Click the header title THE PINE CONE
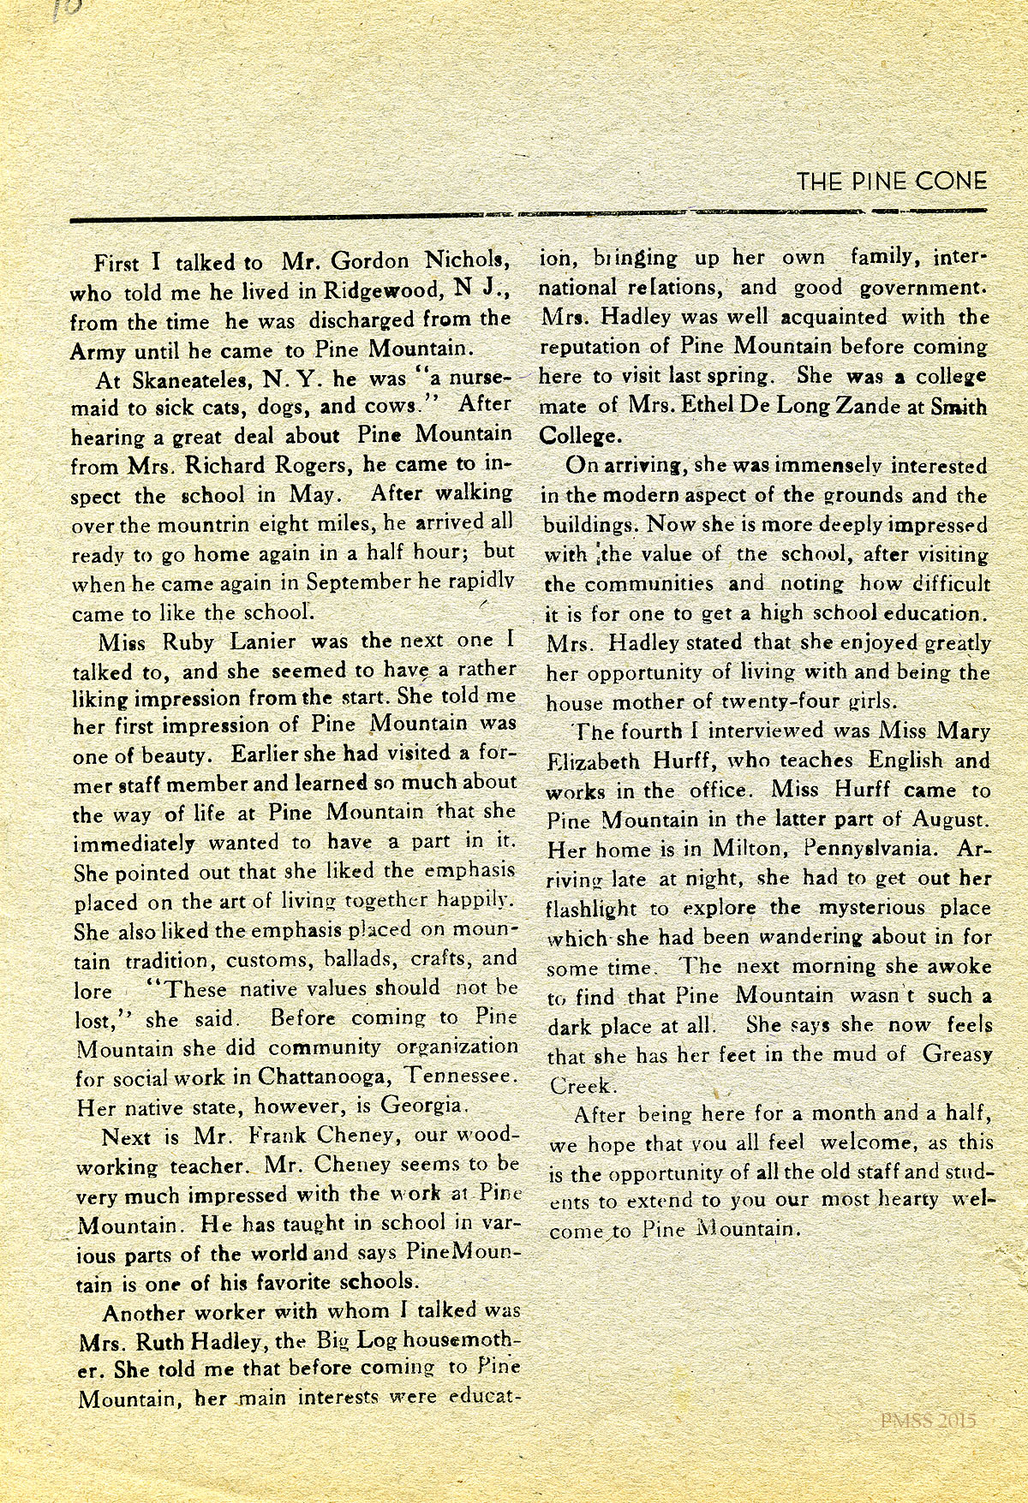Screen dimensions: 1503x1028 [892, 182]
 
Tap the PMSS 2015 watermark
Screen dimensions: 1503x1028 [928, 1420]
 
